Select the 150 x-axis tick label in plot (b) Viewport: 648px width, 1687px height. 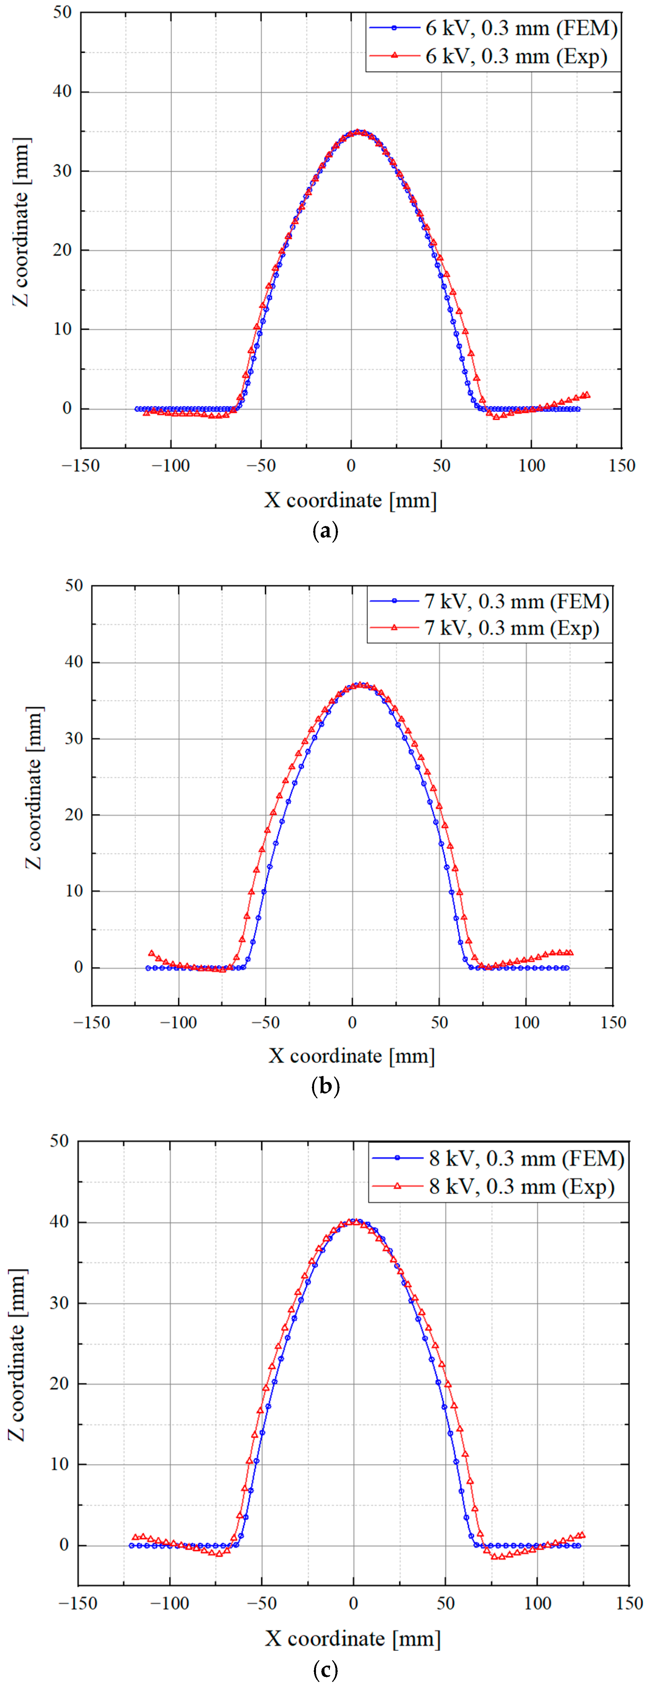point(613,1022)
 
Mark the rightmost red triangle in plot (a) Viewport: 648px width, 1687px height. point(586,395)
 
